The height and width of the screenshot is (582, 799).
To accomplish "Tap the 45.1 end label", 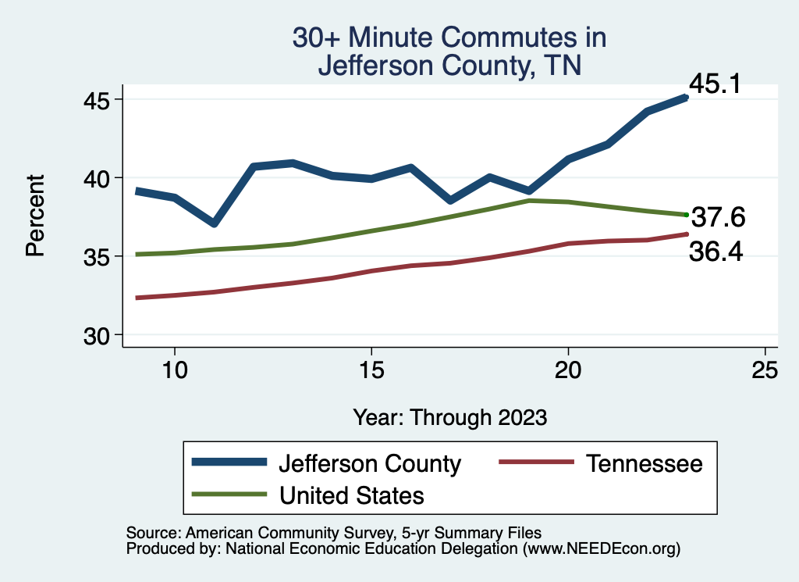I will coord(714,84).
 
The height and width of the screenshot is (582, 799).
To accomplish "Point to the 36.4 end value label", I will coord(715,252).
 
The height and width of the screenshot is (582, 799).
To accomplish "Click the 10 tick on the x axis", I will coord(174,370).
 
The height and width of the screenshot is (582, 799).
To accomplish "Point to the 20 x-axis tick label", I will coord(568,370).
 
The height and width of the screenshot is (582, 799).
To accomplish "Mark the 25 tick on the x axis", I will coord(765,370).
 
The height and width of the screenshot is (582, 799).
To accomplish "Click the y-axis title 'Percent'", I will coord(34,216).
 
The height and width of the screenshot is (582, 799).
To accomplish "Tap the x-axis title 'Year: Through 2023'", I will coord(449,417).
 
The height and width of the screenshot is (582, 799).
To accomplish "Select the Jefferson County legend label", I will coord(370,463).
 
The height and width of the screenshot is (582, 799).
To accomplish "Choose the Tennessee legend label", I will coord(645,463).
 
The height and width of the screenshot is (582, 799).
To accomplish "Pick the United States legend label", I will coord(351,495).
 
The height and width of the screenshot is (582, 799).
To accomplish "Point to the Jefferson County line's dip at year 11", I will coord(214,224).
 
